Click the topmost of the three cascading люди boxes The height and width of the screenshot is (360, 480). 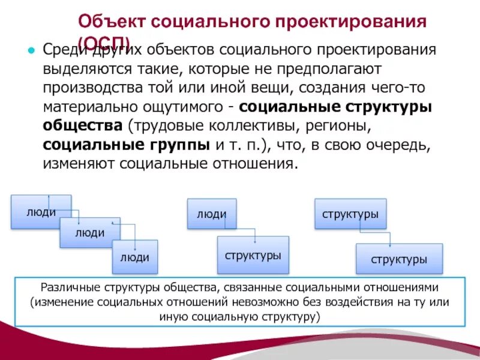[40, 211]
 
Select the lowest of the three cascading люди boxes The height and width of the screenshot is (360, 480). [134, 257]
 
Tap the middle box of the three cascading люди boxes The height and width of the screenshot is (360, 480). [90, 232]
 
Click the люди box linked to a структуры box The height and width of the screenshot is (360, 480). [211, 214]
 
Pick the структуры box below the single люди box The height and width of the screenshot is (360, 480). [253, 255]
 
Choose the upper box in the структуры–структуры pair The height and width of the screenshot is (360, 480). [350, 214]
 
